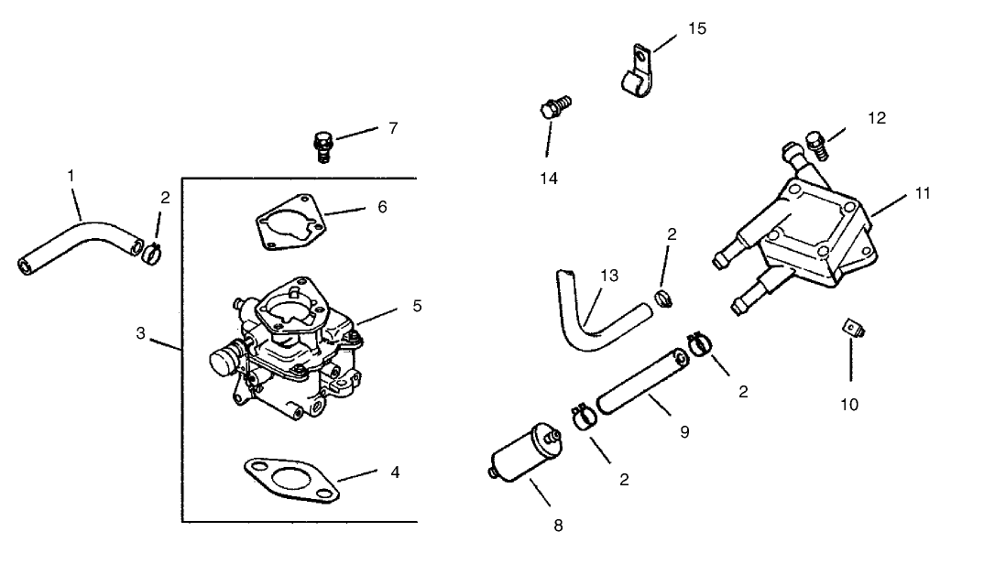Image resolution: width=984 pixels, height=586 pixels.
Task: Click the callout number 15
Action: pos(696,28)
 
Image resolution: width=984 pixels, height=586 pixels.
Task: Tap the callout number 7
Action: pos(392,128)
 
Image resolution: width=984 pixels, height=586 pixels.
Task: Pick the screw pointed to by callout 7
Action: pos(322,146)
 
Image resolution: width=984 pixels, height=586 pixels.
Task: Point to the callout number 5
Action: pos(416,304)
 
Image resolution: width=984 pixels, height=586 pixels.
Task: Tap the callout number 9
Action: pos(684,430)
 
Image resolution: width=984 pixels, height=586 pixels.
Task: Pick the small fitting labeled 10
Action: pos(852,328)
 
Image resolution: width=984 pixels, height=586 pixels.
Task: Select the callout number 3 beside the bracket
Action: pos(140,333)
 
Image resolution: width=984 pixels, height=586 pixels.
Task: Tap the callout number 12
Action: pos(876,117)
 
